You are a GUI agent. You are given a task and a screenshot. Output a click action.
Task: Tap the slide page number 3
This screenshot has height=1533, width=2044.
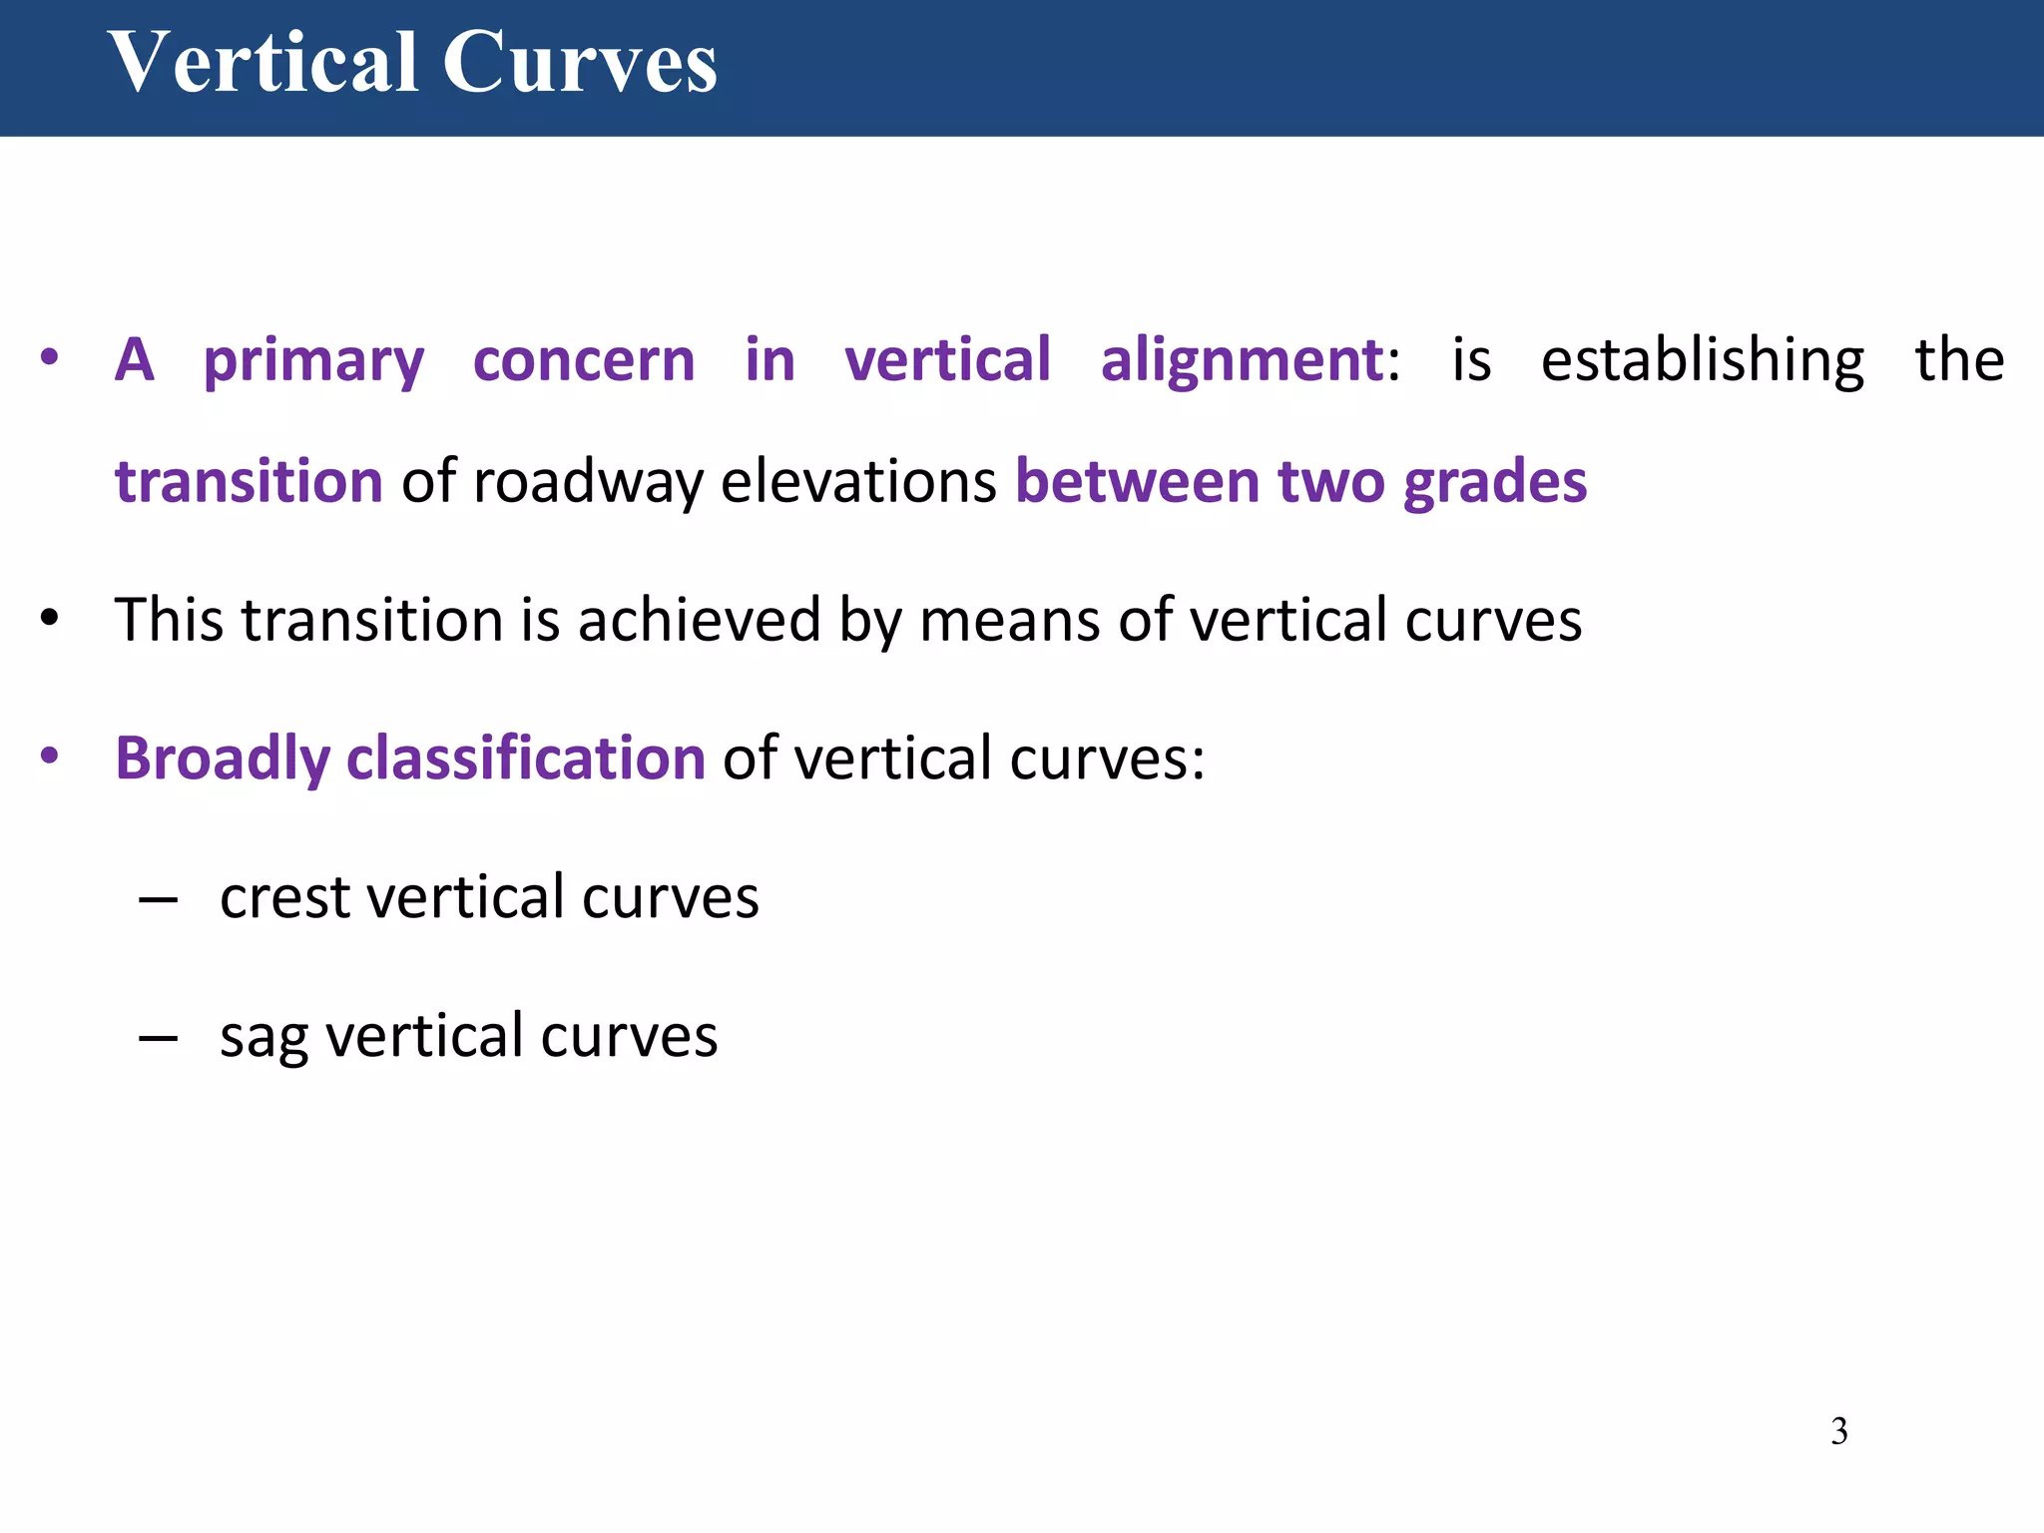1838,1431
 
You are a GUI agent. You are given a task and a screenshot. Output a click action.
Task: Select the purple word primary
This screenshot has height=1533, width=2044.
314,361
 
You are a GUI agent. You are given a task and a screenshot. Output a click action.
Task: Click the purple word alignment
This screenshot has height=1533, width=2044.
1242,361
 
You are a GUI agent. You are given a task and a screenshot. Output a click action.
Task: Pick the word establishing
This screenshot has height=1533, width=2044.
1702,361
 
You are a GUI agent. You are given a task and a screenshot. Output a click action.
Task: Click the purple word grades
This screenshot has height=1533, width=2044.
1494,483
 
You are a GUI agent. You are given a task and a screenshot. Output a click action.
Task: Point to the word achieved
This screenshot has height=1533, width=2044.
699,620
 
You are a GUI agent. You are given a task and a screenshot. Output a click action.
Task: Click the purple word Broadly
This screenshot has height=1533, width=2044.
222,759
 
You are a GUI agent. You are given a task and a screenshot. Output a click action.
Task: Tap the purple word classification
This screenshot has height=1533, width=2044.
526,759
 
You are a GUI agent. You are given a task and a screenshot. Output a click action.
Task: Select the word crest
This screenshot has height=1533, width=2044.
284,897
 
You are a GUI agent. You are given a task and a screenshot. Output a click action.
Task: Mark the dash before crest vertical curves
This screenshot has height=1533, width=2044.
159,899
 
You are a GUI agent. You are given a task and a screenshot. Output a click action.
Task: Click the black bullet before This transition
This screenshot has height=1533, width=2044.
50,619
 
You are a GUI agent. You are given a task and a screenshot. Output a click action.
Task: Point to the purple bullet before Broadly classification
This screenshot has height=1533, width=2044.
50,756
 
